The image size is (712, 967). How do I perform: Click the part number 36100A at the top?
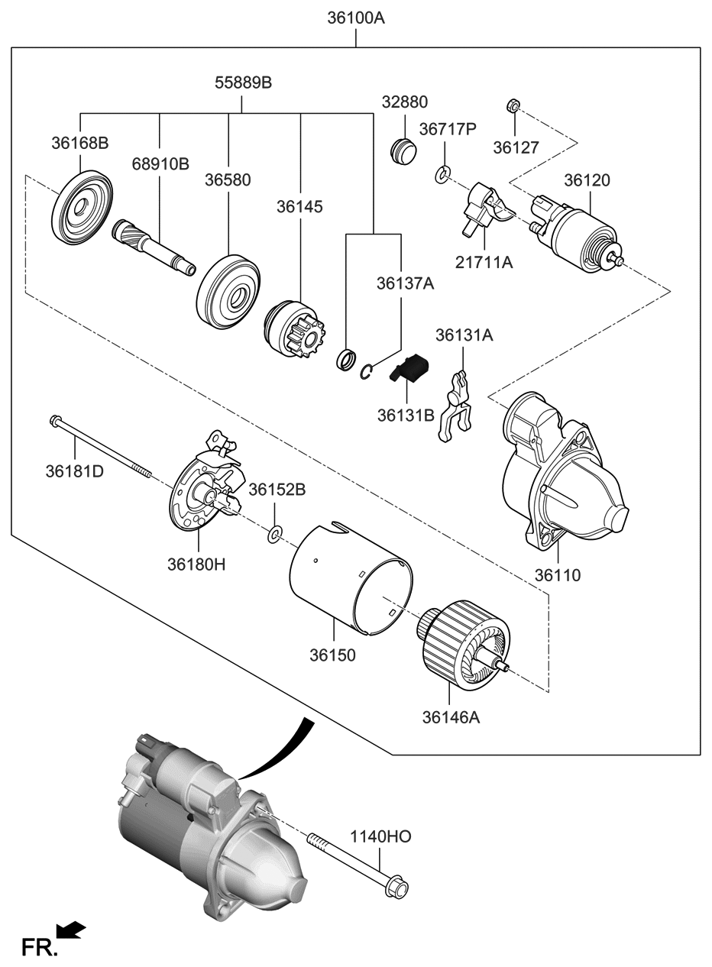pyautogui.click(x=356, y=17)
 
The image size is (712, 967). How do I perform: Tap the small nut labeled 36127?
pyautogui.click(x=514, y=105)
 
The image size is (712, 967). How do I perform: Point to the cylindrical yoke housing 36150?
pyautogui.click(x=351, y=581)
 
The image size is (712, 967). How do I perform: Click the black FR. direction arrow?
pyautogui.click(x=72, y=930)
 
